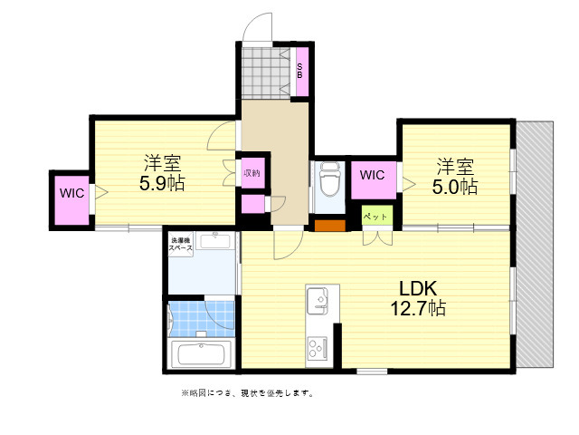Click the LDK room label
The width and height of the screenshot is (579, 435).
(419, 288)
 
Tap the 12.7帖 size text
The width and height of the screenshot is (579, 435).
(417, 309)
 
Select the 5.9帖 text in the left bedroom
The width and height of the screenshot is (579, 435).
(162, 185)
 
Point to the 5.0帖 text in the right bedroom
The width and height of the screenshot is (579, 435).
(455, 187)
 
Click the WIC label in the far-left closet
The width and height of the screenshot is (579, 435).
(72, 193)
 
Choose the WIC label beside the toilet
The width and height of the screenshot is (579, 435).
(372, 174)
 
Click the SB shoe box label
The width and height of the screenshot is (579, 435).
(300, 69)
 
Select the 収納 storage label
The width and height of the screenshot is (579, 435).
(251, 172)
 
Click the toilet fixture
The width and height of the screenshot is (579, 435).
(328, 181)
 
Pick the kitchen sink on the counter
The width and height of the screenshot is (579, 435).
(320, 300)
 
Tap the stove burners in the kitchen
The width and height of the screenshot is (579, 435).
(319, 347)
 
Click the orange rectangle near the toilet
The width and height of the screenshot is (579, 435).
(330, 227)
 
